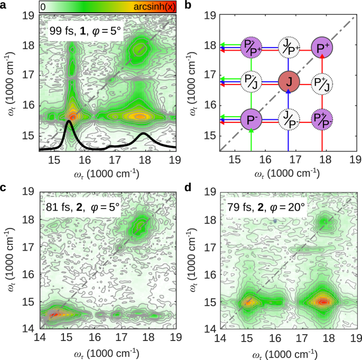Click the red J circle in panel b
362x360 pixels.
(289, 82)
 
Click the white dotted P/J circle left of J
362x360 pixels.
(251, 82)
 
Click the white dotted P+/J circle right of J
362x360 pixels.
(321, 82)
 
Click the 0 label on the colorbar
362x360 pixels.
(43, 6)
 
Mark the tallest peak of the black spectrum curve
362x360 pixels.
(68, 121)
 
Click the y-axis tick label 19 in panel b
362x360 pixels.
(210, 16)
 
